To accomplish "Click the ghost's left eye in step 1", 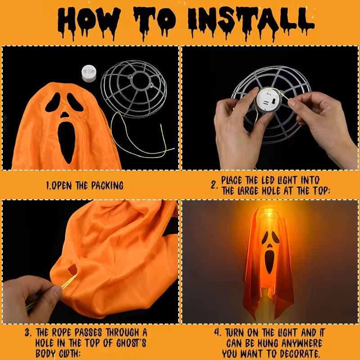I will click(x=53, y=103).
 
